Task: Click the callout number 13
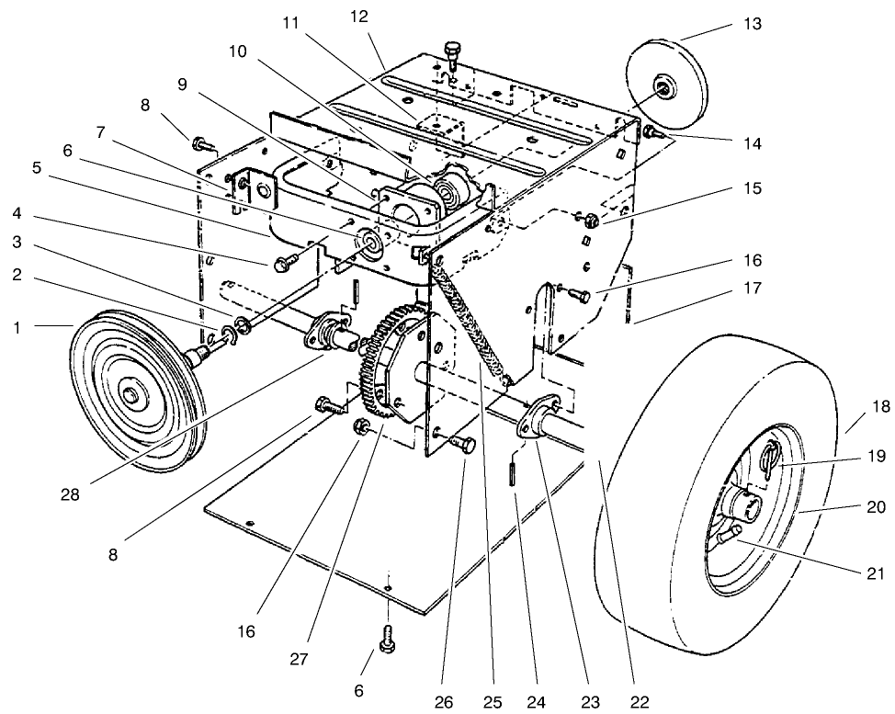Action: (753, 23)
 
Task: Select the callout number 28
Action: (69, 493)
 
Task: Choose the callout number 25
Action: (493, 703)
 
